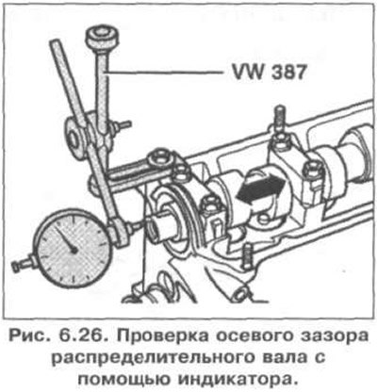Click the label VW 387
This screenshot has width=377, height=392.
click(x=268, y=73)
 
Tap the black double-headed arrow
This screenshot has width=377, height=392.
click(x=261, y=188)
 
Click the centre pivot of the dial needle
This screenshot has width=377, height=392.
click(x=74, y=250)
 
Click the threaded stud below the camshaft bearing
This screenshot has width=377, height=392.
click(x=248, y=256)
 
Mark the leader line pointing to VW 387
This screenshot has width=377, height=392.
click(x=163, y=73)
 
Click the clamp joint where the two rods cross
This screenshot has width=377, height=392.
click(x=90, y=135)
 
